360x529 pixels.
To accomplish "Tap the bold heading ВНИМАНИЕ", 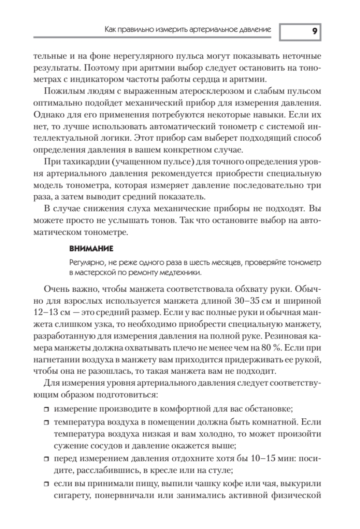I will [x=88, y=249].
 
